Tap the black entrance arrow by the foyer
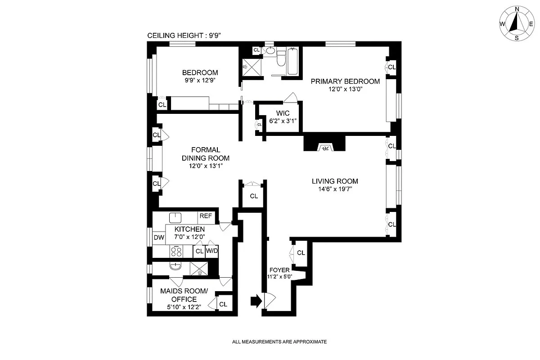pos(255,301)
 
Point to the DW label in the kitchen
pos(159,238)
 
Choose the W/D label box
pos(212,251)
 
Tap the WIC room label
pos(283,112)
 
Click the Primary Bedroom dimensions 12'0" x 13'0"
pos(346,89)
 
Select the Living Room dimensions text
pos(335,189)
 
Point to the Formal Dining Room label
pos(205,154)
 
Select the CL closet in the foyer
pos(301,253)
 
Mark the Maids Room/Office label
pos(184,295)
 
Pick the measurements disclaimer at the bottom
pos(279,342)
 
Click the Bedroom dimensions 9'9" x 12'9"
pos(200,81)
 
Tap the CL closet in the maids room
pos(223,304)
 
